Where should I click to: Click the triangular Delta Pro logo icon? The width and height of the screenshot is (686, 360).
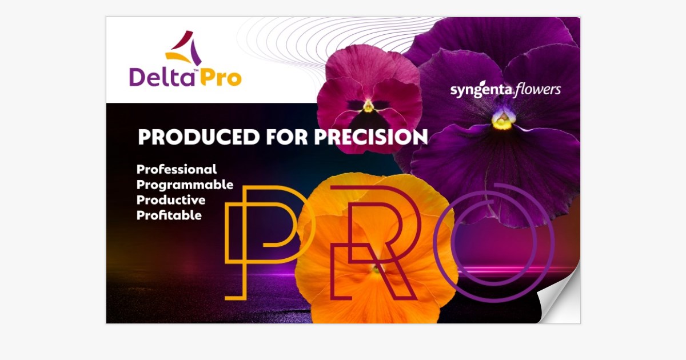(184, 48)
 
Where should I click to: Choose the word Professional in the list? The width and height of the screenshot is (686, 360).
(177, 170)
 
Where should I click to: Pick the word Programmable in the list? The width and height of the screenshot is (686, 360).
(185, 185)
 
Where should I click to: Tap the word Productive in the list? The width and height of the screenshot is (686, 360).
(170, 201)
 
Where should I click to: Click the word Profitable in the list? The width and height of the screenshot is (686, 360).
(169, 216)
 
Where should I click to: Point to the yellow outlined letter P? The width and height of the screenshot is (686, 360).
(263, 240)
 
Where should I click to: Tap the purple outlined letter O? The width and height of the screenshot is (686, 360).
(502, 243)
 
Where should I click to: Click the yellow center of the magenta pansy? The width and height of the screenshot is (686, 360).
(368, 106)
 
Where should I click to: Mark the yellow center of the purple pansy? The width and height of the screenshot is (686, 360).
(502, 120)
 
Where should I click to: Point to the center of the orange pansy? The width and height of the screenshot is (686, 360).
(374, 269)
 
